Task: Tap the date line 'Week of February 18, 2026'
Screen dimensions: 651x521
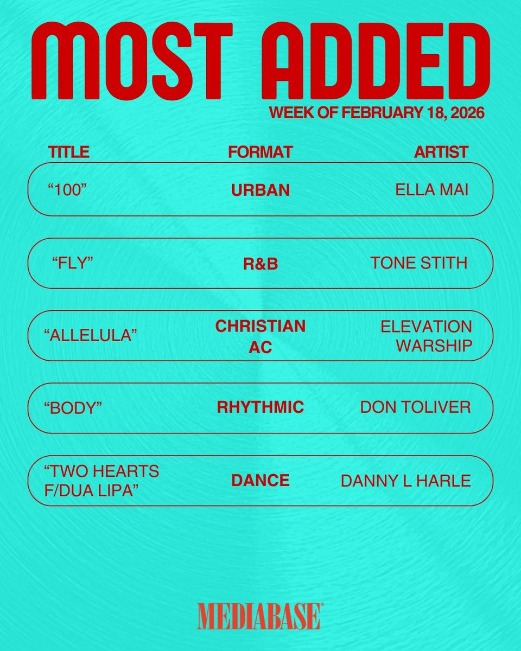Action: click(377, 113)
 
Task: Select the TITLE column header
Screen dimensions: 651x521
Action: click(69, 152)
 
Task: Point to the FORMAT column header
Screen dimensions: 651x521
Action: click(260, 152)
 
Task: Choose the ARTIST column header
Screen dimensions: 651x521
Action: click(441, 152)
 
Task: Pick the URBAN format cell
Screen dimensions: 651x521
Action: click(260, 190)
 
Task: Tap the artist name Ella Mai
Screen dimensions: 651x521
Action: click(431, 190)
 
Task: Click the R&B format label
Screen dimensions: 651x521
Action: click(260, 264)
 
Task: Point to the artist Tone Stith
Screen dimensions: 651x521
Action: click(418, 263)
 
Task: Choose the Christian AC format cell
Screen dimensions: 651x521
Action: click(260, 336)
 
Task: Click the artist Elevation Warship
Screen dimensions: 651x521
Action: click(426, 336)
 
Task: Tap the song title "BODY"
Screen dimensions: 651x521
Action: click(73, 409)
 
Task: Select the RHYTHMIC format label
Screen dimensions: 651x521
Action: click(260, 407)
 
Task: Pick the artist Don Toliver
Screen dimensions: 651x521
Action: click(415, 407)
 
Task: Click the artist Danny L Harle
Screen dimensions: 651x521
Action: click(405, 481)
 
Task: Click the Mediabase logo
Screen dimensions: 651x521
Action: click(259, 616)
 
